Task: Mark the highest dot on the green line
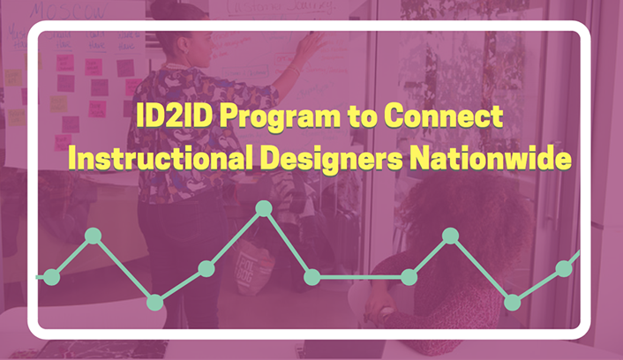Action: pos(263,208)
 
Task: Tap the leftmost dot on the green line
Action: pos(51,277)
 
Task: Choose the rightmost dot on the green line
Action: pos(564,268)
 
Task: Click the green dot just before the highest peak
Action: pos(206,268)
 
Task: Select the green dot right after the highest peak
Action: pos(311,277)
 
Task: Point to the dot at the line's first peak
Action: pos(93,236)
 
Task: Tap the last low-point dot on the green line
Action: pos(512,302)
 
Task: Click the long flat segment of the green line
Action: pos(360,277)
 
